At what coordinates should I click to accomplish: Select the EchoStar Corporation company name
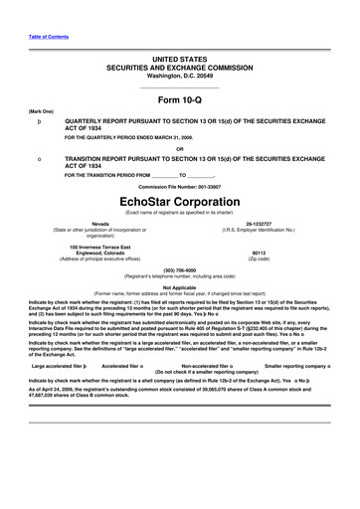coord(179,187)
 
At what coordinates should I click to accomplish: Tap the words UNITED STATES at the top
coord(179,61)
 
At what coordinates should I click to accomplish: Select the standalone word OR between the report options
coord(179,150)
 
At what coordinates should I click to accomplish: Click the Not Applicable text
coord(179,287)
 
